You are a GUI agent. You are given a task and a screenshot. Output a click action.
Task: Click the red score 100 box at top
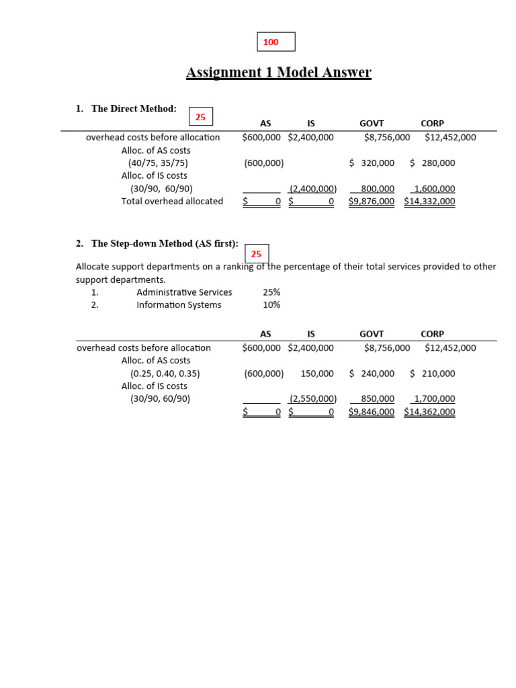click(275, 42)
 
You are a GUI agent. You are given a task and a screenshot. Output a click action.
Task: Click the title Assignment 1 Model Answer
click(278, 73)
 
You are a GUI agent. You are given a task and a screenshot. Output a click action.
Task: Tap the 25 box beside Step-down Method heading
click(257, 254)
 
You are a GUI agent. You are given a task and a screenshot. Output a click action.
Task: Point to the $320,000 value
click(372, 163)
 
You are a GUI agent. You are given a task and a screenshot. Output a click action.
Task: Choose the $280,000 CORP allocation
click(432, 163)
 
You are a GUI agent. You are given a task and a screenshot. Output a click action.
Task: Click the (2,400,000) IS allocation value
click(312, 189)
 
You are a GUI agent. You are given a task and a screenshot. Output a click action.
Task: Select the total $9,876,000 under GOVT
click(372, 201)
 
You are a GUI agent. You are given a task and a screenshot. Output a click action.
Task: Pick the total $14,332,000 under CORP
click(429, 201)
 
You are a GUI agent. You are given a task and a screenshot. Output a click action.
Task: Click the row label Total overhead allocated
click(172, 201)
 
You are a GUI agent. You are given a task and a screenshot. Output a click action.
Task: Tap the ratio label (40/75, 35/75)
click(158, 163)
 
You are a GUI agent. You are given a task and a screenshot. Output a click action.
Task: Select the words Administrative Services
click(184, 292)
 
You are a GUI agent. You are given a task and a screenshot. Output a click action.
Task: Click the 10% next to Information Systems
click(271, 305)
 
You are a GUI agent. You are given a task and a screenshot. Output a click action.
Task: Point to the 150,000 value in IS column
click(317, 374)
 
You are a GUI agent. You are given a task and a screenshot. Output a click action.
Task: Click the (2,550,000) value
click(312, 398)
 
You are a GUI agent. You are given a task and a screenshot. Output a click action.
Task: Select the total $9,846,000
click(372, 412)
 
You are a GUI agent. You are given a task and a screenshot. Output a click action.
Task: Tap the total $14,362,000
click(429, 412)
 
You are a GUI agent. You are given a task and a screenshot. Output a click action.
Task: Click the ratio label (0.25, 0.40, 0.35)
click(165, 374)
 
